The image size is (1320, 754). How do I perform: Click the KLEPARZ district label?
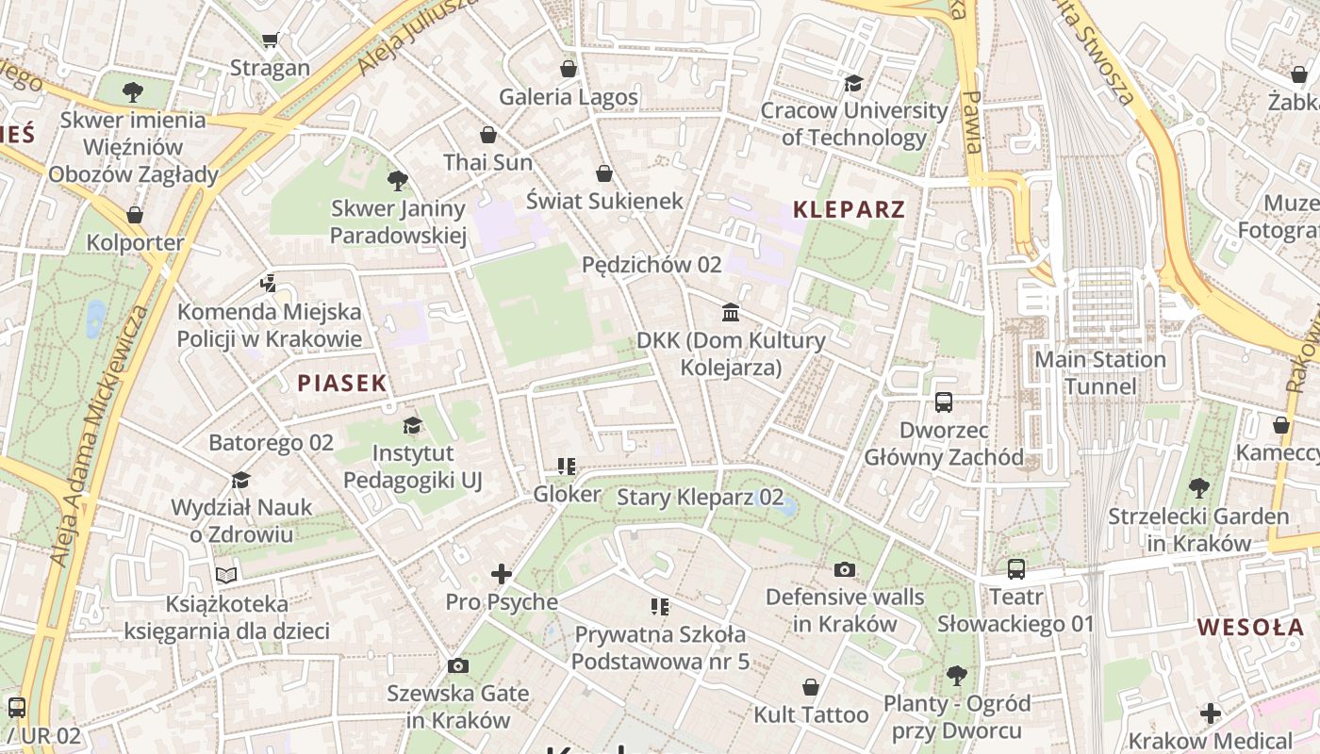pyautogui.click(x=849, y=209)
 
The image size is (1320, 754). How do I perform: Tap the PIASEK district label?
pyautogui.click(x=342, y=383)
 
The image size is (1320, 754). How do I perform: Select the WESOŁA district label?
pyautogui.click(x=1250, y=627)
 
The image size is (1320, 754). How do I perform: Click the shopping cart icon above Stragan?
pyautogui.click(x=271, y=40)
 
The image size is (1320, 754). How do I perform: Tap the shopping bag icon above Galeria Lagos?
pyautogui.click(x=569, y=69)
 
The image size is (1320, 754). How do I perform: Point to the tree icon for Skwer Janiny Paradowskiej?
pyautogui.click(x=398, y=180)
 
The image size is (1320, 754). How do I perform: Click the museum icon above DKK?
pyautogui.click(x=731, y=312)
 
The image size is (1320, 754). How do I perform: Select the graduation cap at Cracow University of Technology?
pyautogui.click(x=854, y=83)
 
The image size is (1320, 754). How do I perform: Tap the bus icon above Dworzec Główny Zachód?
pyautogui.click(x=944, y=402)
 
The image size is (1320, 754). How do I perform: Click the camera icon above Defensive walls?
pyautogui.click(x=845, y=569)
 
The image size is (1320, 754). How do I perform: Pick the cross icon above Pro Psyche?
pyautogui.click(x=502, y=573)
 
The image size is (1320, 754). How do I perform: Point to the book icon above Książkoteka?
pyautogui.click(x=226, y=574)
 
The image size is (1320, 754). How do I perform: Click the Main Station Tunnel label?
pyautogui.click(x=1100, y=373)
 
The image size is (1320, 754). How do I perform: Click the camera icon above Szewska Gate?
pyautogui.click(x=458, y=666)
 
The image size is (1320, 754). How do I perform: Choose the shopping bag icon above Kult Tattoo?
pyautogui.click(x=811, y=687)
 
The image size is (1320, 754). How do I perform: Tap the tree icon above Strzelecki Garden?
pyautogui.click(x=1198, y=488)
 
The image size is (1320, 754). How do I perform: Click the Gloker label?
pyautogui.click(x=567, y=495)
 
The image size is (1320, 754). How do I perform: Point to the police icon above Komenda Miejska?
pyautogui.click(x=270, y=283)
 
